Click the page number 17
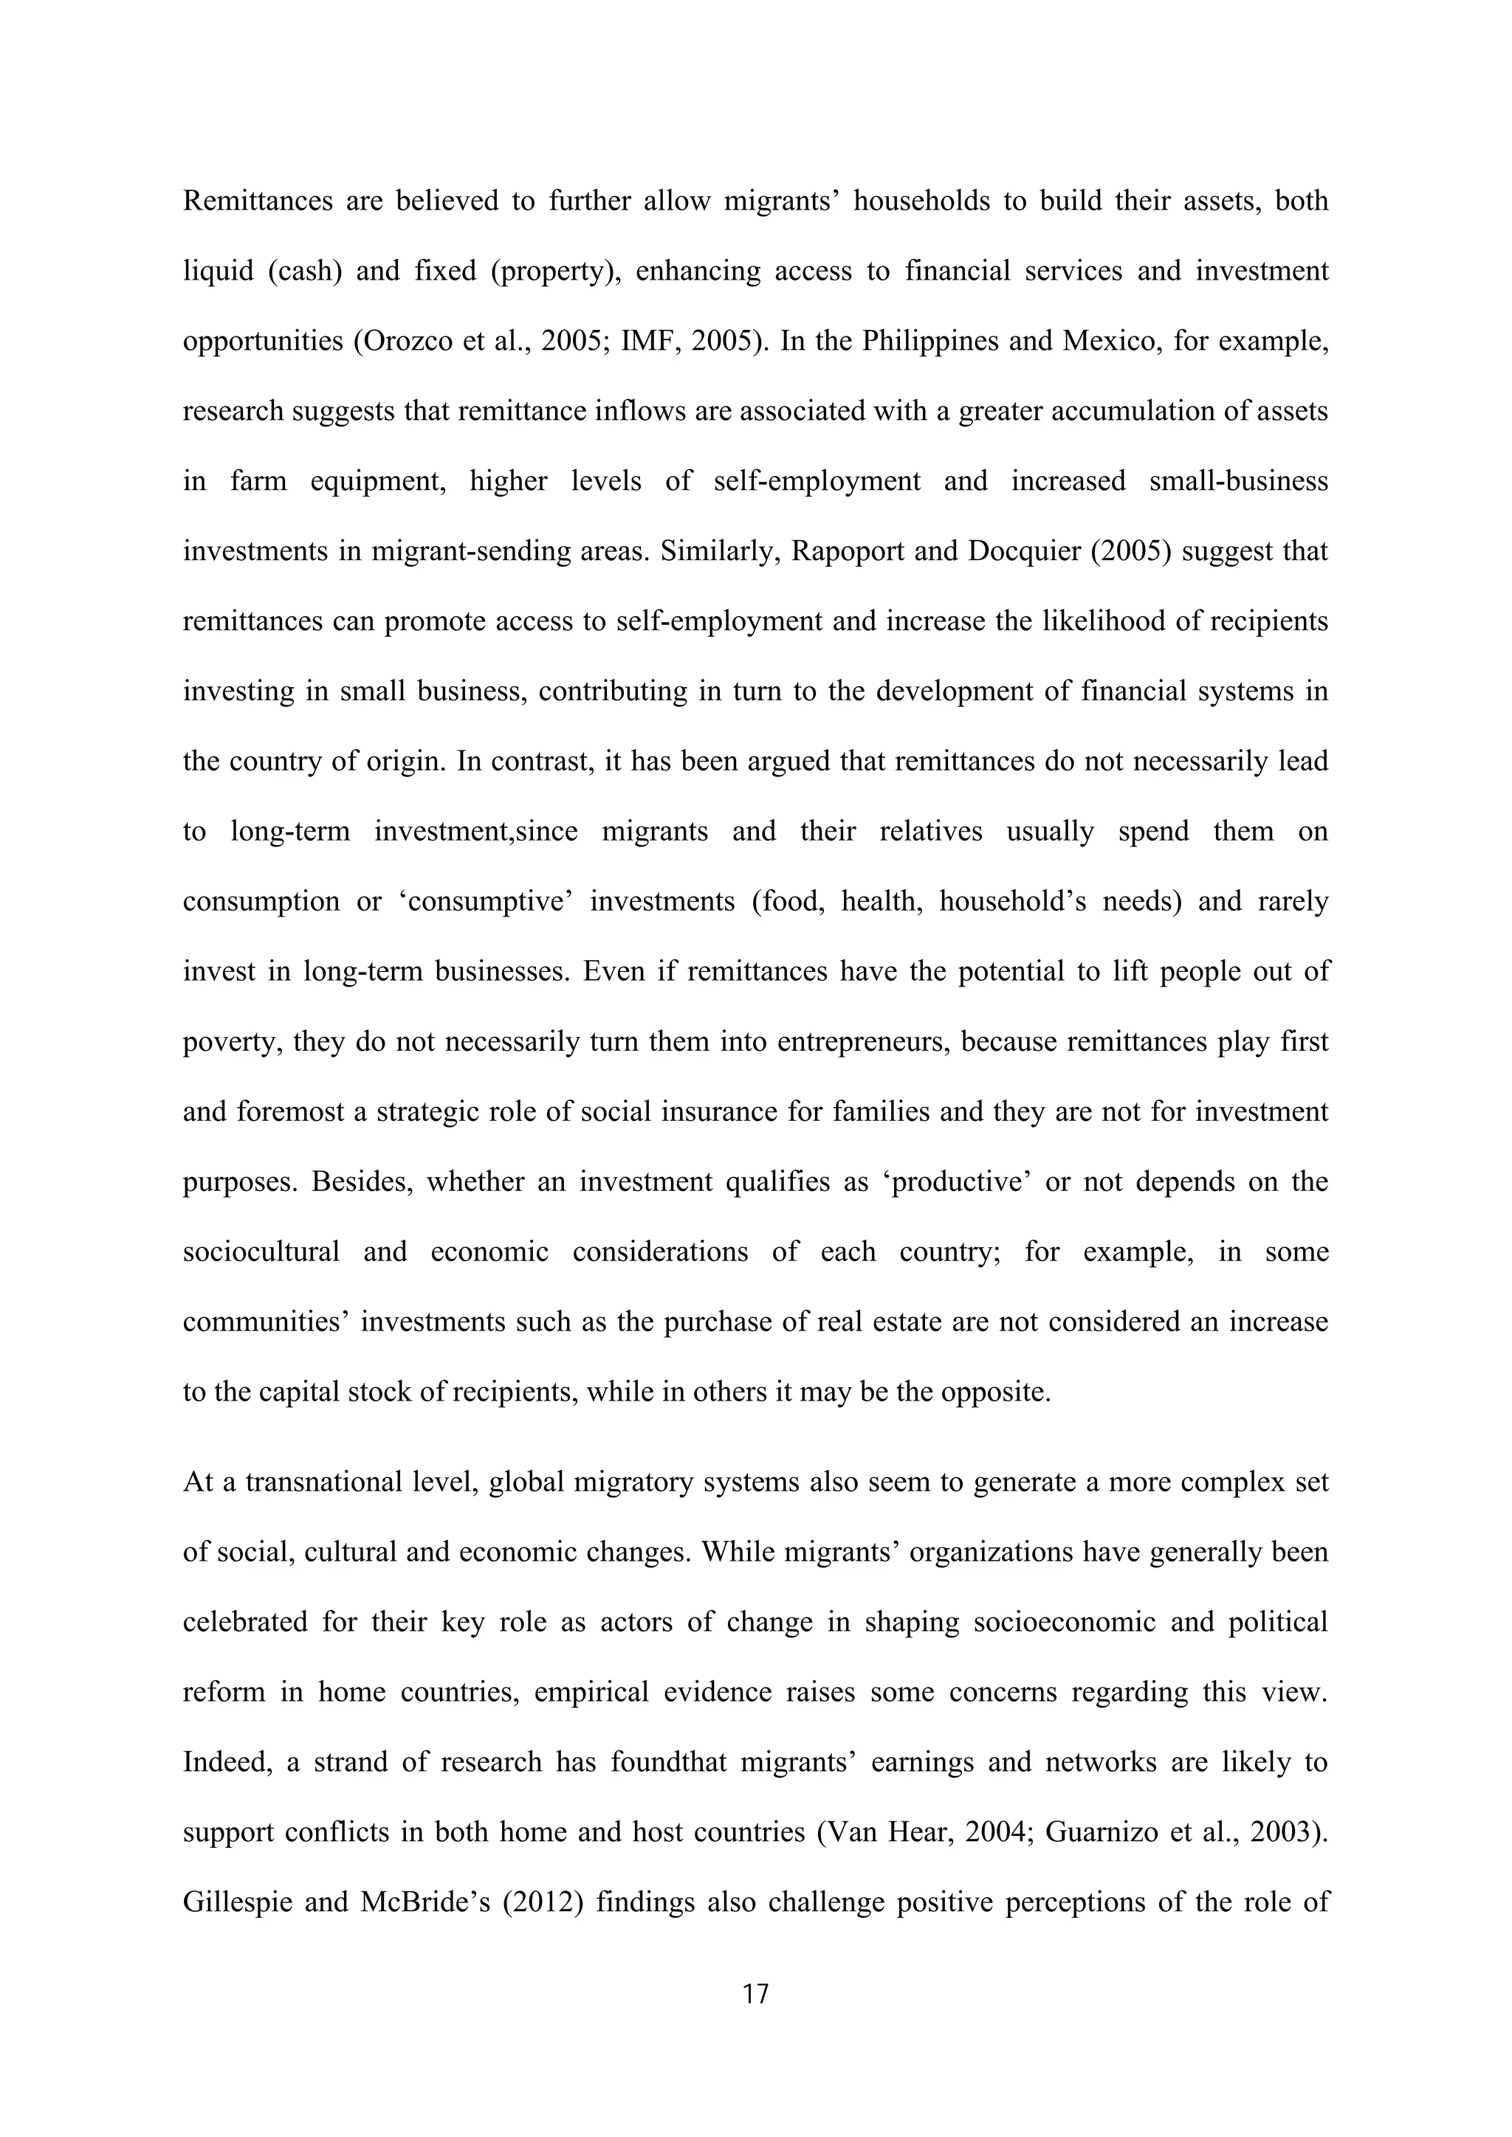pyautogui.click(x=756, y=1994)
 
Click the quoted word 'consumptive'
pyautogui.click(x=485, y=902)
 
